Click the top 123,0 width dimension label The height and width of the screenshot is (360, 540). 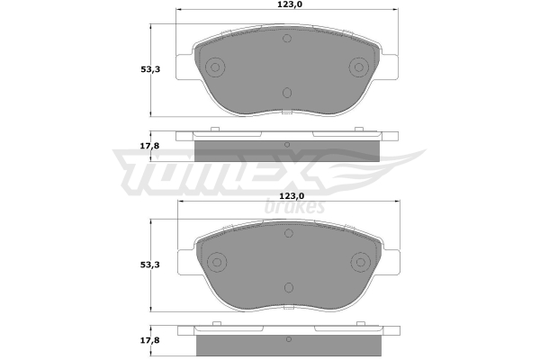(x=287, y=4)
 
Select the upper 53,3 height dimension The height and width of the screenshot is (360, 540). (x=150, y=69)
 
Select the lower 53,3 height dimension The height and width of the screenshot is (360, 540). (x=149, y=265)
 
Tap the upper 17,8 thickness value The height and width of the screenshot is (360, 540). (x=149, y=146)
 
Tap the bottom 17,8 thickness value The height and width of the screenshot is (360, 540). (x=149, y=340)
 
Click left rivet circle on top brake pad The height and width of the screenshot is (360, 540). (x=215, y=67)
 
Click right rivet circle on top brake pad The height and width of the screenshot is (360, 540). (x=359, y=67)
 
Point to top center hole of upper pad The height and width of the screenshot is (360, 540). (x=287, y=38)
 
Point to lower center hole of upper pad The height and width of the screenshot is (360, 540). (x=287, y=93)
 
